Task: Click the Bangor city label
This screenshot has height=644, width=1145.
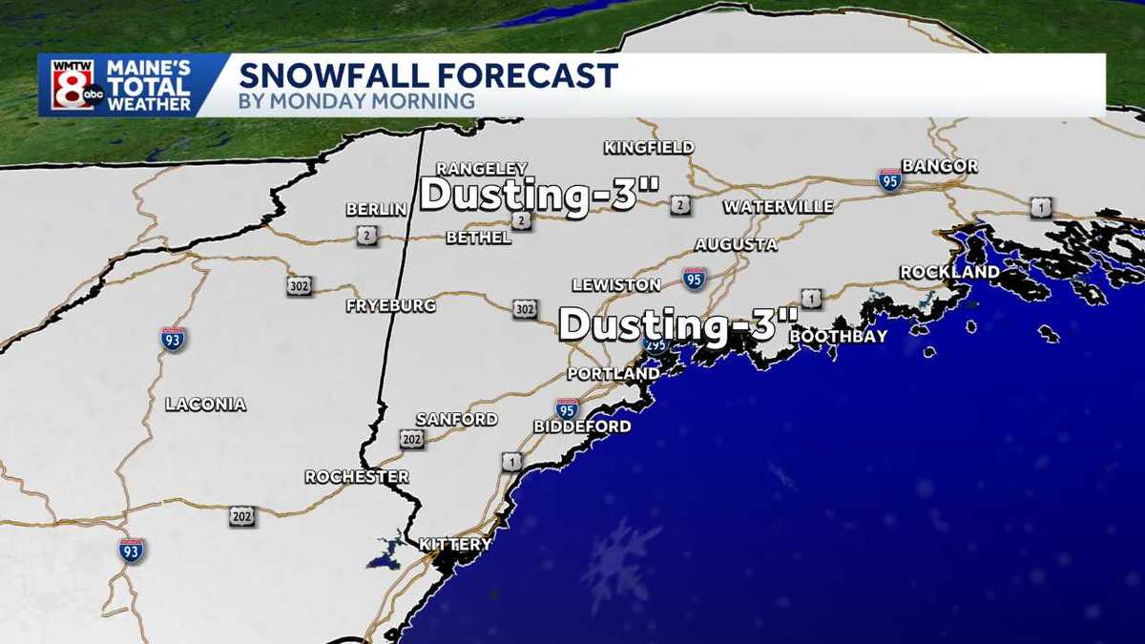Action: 939,166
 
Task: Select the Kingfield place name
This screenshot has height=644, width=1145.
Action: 649,147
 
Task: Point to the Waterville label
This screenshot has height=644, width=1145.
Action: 778,207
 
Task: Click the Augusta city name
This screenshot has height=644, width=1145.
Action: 736,245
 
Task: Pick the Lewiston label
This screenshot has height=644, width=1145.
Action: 616,285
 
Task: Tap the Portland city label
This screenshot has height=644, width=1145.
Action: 613,374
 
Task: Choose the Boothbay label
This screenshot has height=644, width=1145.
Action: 839,337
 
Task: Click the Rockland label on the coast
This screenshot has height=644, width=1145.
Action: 949,273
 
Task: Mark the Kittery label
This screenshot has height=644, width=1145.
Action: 455,545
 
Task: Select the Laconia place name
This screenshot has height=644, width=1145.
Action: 205,405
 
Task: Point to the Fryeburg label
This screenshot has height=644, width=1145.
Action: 390,306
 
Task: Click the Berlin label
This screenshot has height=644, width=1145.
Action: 377,209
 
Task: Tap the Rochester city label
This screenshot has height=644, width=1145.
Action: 357,477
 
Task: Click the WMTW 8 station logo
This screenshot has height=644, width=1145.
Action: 73,85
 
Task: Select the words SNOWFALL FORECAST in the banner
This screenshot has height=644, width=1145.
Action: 427,75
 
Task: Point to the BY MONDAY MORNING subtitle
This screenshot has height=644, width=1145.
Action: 357,101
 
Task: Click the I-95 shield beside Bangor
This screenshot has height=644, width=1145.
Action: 890,179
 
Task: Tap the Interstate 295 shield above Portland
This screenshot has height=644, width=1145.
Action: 656,344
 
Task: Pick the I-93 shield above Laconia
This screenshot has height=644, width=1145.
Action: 173,339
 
